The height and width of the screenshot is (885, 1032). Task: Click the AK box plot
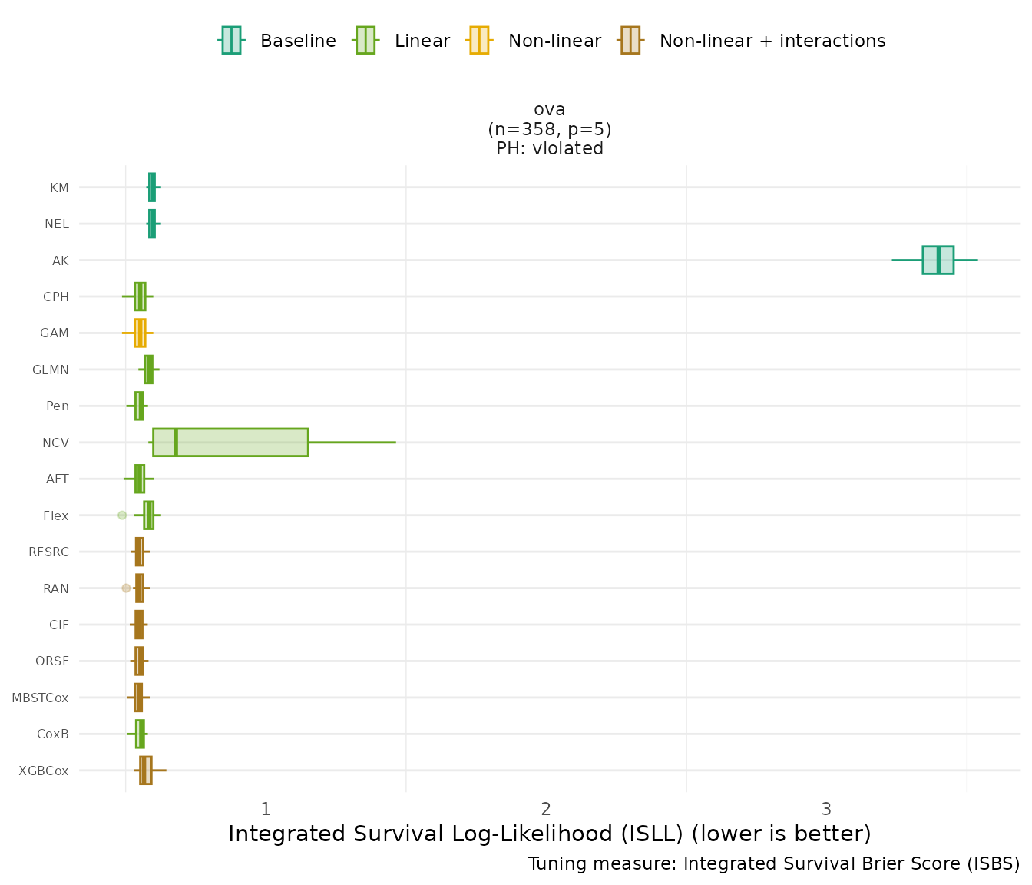point(938,260)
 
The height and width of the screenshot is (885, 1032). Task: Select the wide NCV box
point(230,442)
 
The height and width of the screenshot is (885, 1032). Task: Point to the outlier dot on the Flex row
point(122,515)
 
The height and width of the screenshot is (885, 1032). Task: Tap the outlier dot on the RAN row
point(126,588)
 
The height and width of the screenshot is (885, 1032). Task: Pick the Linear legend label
point(422,41)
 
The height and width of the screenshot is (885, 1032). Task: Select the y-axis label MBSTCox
point(40,698)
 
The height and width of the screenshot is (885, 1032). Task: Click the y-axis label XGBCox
point(44,771)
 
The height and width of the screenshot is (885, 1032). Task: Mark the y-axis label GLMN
point(51,370)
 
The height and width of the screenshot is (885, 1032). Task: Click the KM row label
point(59,187)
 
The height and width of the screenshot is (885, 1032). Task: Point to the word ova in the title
point(550,109)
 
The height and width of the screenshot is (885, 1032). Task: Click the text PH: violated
point(550,148)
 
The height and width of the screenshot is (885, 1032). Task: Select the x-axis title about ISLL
point(550,834)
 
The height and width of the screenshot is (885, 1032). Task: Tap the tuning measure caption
point(774,863)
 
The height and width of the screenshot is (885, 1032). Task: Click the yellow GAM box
point(140,333)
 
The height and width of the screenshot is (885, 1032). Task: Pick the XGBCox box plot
point(146,770)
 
